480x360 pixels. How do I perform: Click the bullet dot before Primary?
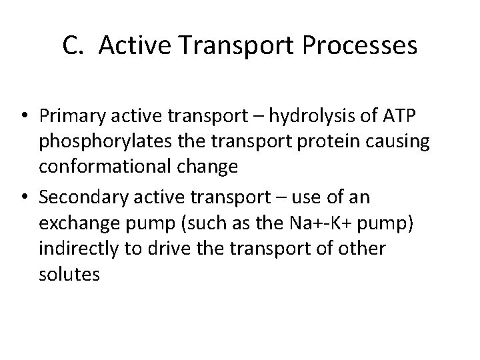click(x=28, y=117)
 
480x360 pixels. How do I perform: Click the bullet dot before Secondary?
click(x=28, y=198)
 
